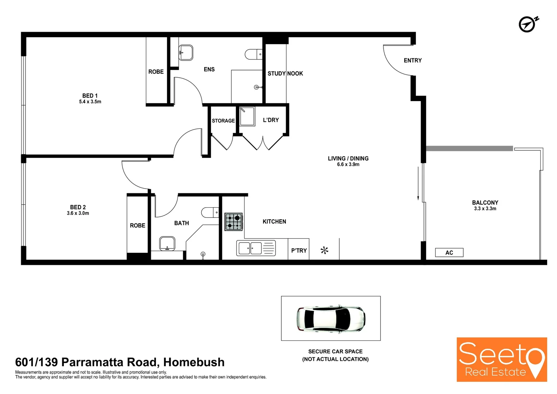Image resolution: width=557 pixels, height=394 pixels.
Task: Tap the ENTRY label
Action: tap(413, 61)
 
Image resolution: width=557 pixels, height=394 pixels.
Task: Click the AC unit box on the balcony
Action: tap(449, 252)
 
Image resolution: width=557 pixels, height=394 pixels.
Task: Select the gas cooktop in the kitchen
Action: tap(234, 222)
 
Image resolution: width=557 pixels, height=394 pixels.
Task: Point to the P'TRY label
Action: tap(299, 251)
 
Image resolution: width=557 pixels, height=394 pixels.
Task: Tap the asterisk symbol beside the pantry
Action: tap(324, 250)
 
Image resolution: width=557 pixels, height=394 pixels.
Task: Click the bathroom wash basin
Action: tap(167, 243)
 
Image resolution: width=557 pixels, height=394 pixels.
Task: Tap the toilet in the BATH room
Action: tap(210, 212)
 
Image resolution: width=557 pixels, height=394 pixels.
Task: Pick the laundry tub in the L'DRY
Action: tap(247, 116)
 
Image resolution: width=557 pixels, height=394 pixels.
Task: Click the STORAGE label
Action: tap(223, 121)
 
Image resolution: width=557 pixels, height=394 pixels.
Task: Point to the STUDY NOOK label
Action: tap(285, 74)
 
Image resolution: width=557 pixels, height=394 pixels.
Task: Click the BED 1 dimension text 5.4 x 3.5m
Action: tap(90, 102)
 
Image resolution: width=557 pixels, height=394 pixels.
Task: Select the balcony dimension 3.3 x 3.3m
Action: tap(485, 209)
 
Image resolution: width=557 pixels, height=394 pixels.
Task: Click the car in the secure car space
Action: tap(331, 318)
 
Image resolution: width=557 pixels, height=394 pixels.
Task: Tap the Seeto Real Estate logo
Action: tap(502, 360)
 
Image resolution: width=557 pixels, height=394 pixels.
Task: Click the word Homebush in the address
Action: tap(194, 362)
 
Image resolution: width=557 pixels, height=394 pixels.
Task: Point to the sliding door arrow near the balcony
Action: tap(418, 184)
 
